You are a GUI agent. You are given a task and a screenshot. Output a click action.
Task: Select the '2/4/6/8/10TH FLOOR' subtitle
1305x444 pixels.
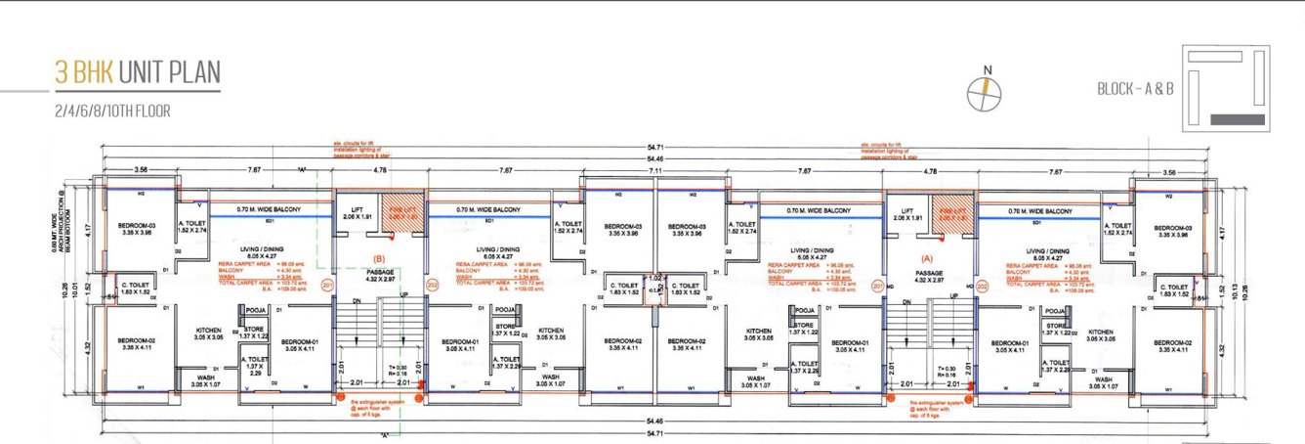click(113, 111)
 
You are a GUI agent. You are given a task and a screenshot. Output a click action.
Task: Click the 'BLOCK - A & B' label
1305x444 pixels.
click(1134, 88)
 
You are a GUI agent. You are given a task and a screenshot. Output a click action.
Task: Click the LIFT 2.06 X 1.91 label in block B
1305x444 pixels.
click(356, 213)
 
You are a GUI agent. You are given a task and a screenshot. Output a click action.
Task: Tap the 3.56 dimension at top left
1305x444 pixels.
click(141, 170)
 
